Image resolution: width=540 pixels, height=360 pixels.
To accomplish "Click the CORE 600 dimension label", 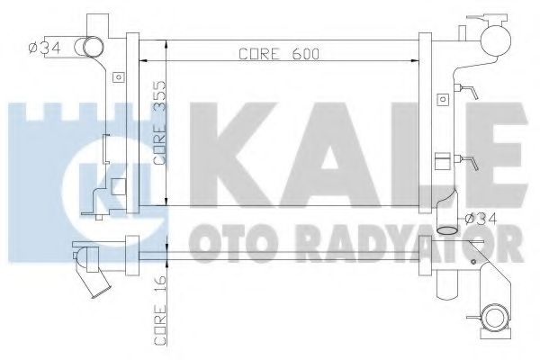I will tap(282, 52).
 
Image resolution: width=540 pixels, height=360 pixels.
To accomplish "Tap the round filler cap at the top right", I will tap(493, 37).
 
